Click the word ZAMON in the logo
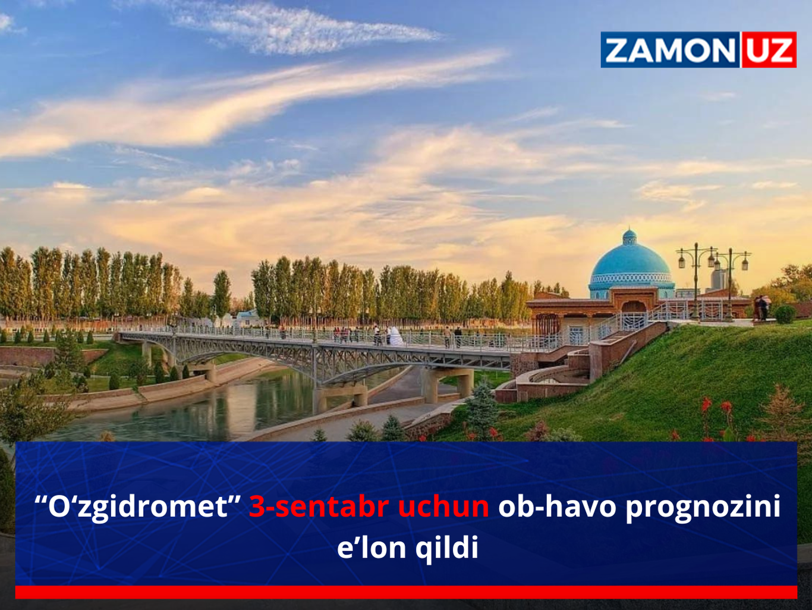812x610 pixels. coord(671,50)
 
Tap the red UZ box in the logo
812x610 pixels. coord(769,49)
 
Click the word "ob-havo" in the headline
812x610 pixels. coord(558,506)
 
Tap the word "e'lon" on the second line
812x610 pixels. coord(372,548)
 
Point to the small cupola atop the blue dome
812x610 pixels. coord(630,237)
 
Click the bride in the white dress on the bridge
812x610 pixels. coord(395,336)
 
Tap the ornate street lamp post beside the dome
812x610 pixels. coord(696,281)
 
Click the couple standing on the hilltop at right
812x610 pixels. coord(763,308)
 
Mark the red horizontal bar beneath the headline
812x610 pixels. coord(406,592)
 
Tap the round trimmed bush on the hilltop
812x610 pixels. coord(785,314)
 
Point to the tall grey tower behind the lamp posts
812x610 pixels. coord(719,279)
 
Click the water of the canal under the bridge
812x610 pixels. coord(222,408)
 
